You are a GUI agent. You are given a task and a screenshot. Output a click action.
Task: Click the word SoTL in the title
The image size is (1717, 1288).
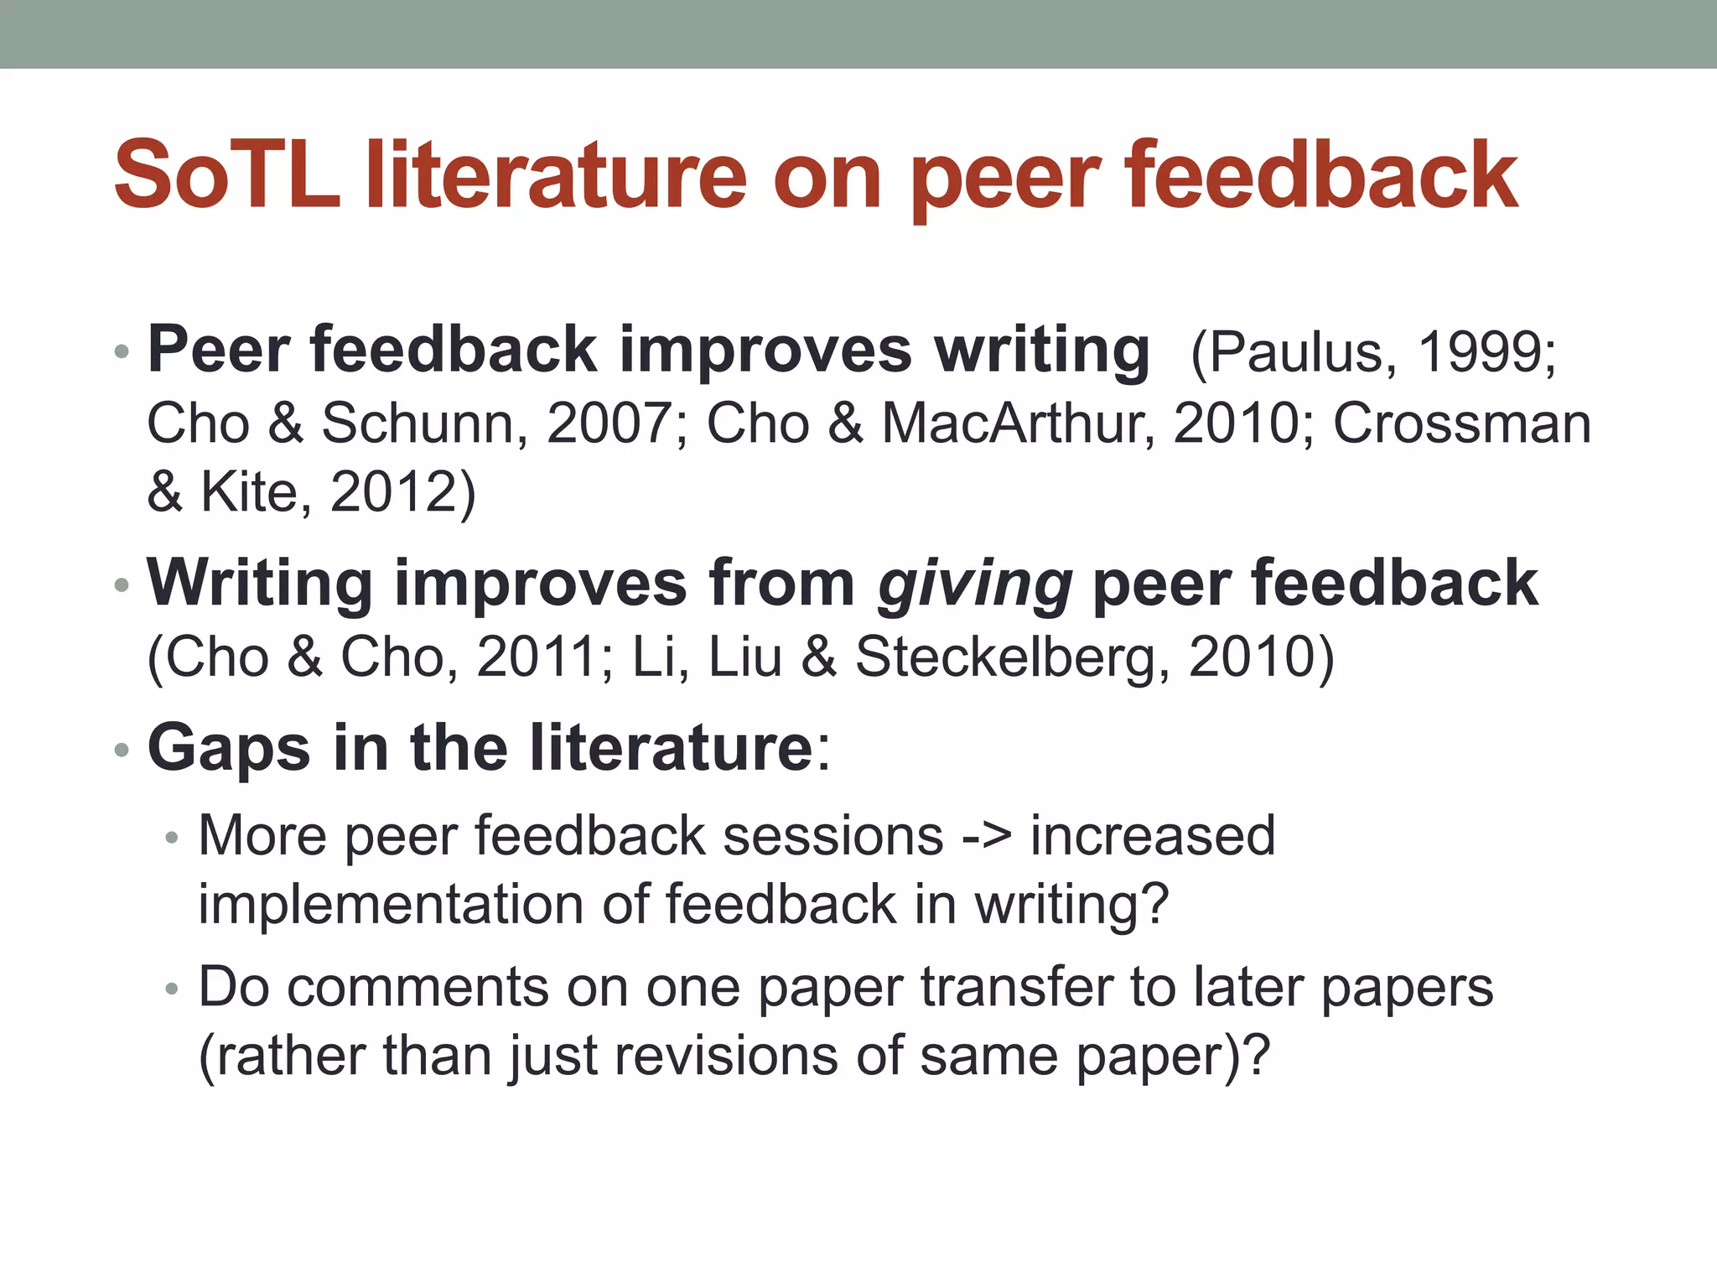[226, 176]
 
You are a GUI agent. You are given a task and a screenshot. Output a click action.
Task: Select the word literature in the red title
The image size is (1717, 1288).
[555, 176]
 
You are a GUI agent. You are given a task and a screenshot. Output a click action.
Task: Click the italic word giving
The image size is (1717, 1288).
[974, 584]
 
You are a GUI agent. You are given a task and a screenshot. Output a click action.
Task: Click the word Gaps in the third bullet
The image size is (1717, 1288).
[228, 748]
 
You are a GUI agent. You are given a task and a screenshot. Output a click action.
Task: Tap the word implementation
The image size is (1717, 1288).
[391, 905]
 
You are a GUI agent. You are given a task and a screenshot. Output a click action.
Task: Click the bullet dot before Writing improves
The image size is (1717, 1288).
[122, 585]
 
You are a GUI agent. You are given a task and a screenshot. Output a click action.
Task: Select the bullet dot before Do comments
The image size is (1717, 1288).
[173, 989]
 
